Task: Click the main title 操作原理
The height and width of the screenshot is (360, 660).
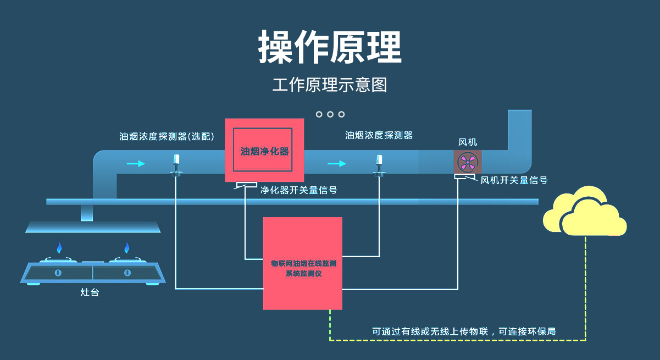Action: tap(330, 47)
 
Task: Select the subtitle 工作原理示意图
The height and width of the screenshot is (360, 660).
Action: tap(330, 85)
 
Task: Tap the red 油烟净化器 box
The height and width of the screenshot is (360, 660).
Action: tap(264, 150)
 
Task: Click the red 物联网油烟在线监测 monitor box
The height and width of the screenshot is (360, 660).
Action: tap(302, 263)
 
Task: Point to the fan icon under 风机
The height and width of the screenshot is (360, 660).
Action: tap(468, 162)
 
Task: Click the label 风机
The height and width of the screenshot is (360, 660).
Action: tap(468, 142)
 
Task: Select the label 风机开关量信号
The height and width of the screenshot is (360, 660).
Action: tap(514, 180)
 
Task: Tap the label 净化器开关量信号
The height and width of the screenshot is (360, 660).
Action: tap(298, 191)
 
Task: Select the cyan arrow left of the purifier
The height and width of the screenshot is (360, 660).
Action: tap(136, 163)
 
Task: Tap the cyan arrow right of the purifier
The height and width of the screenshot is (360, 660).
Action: tap(337, 163)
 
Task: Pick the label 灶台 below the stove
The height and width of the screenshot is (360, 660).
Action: tap(90, 293)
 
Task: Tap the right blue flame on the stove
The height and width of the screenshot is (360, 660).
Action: tap(127, 248)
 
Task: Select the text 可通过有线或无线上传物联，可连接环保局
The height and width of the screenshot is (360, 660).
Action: tap(464, 331)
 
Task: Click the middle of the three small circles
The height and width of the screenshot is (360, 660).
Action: tap(330, 114)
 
